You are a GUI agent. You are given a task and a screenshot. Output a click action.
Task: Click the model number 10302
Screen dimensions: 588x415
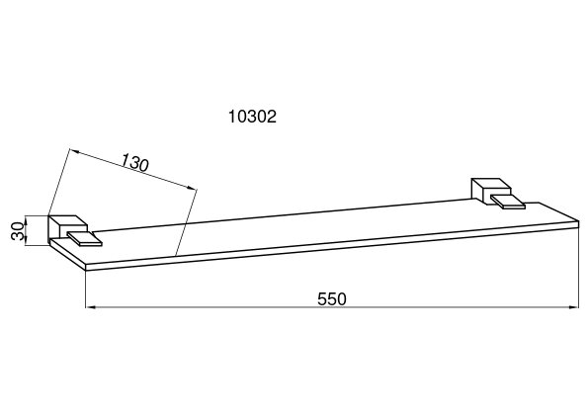pos(252,117)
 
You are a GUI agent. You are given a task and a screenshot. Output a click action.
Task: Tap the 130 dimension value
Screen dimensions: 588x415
pos(135,163)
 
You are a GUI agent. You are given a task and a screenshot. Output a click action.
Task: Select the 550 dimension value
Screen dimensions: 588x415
pos(332,299)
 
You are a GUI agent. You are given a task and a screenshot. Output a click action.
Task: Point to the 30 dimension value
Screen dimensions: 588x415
pos(17,231)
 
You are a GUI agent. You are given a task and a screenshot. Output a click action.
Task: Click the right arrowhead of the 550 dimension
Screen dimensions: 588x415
pos(574,307)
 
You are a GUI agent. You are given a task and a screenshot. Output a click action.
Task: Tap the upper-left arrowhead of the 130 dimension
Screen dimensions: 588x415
pos(74,151)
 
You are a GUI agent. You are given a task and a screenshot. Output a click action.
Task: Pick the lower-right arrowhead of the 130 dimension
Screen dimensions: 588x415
pos(193,188)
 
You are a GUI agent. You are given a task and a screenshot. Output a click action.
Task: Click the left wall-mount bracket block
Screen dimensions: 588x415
pos(67,228)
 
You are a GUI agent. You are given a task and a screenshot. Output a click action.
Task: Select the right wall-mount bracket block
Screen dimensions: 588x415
pos(490,191)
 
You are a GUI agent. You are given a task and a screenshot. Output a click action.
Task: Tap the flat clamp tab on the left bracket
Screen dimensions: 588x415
pos(84,239)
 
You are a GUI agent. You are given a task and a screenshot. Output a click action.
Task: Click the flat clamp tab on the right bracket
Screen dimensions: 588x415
pos(508,201)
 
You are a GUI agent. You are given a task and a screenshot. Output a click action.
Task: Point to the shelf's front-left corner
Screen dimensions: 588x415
pos(86,267)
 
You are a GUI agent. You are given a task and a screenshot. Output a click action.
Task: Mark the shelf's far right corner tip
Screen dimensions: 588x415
pos(579,223)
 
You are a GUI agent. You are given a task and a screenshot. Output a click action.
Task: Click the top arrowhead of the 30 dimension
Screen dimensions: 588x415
pos(26,219)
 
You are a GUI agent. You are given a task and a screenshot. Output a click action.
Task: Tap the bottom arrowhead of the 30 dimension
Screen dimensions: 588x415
pos(26,242)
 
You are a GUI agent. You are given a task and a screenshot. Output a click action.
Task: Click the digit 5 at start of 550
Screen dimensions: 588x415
pos(322,299)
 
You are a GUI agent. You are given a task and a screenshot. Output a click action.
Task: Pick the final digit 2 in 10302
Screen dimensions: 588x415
pos(272,117)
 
